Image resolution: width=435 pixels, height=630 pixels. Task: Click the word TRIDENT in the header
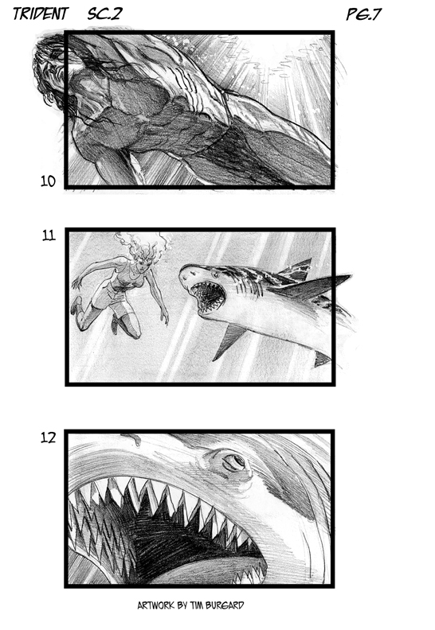41,14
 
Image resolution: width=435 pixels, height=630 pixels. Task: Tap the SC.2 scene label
104,14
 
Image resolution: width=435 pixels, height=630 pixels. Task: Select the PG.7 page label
364,14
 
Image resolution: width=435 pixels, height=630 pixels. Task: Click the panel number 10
48,181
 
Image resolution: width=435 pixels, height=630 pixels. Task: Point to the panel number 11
49,235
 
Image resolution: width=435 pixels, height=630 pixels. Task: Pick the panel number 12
48,437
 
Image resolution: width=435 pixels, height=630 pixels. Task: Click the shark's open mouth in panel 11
208,297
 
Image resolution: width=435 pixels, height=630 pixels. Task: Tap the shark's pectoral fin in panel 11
229,341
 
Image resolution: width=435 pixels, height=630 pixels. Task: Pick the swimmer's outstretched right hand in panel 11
164,317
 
